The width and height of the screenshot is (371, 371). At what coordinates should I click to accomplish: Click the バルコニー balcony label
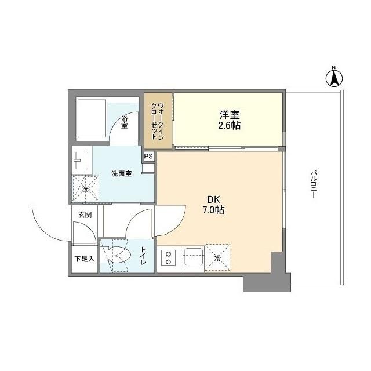[x=312, y=184]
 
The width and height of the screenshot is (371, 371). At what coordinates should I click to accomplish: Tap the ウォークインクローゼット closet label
[x=158, y=119]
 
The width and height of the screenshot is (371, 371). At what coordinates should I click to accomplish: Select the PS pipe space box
[x=149, y=156]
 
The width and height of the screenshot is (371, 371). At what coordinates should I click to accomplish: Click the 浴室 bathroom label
[x=125, y=122]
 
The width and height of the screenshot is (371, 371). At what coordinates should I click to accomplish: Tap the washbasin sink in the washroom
[x=80, y=157]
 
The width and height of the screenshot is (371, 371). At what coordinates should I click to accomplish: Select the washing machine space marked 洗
[x=85, y=188]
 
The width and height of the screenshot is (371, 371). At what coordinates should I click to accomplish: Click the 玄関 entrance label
[x=85, y=214]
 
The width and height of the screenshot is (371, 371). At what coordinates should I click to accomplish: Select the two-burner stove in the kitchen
[x=169, y=257]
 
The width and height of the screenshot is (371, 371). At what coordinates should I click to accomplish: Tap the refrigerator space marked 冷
[x=218, y=257]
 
